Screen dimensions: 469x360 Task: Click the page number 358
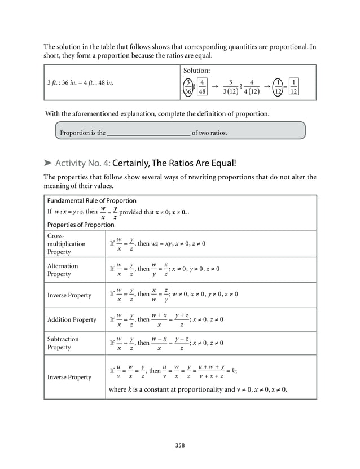point(180,445)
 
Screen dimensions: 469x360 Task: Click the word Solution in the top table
point(196,71)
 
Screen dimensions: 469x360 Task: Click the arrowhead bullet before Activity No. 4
point(48,164)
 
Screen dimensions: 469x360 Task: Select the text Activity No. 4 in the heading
point(83,164)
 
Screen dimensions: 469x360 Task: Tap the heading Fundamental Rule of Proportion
point(91,200)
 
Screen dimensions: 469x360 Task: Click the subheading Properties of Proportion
point(81,225)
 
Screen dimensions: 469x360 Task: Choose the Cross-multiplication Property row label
point(67,244)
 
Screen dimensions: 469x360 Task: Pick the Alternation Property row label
point(63,270)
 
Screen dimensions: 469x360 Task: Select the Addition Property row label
point(72,319)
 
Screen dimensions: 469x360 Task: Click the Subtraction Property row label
point(63,343)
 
